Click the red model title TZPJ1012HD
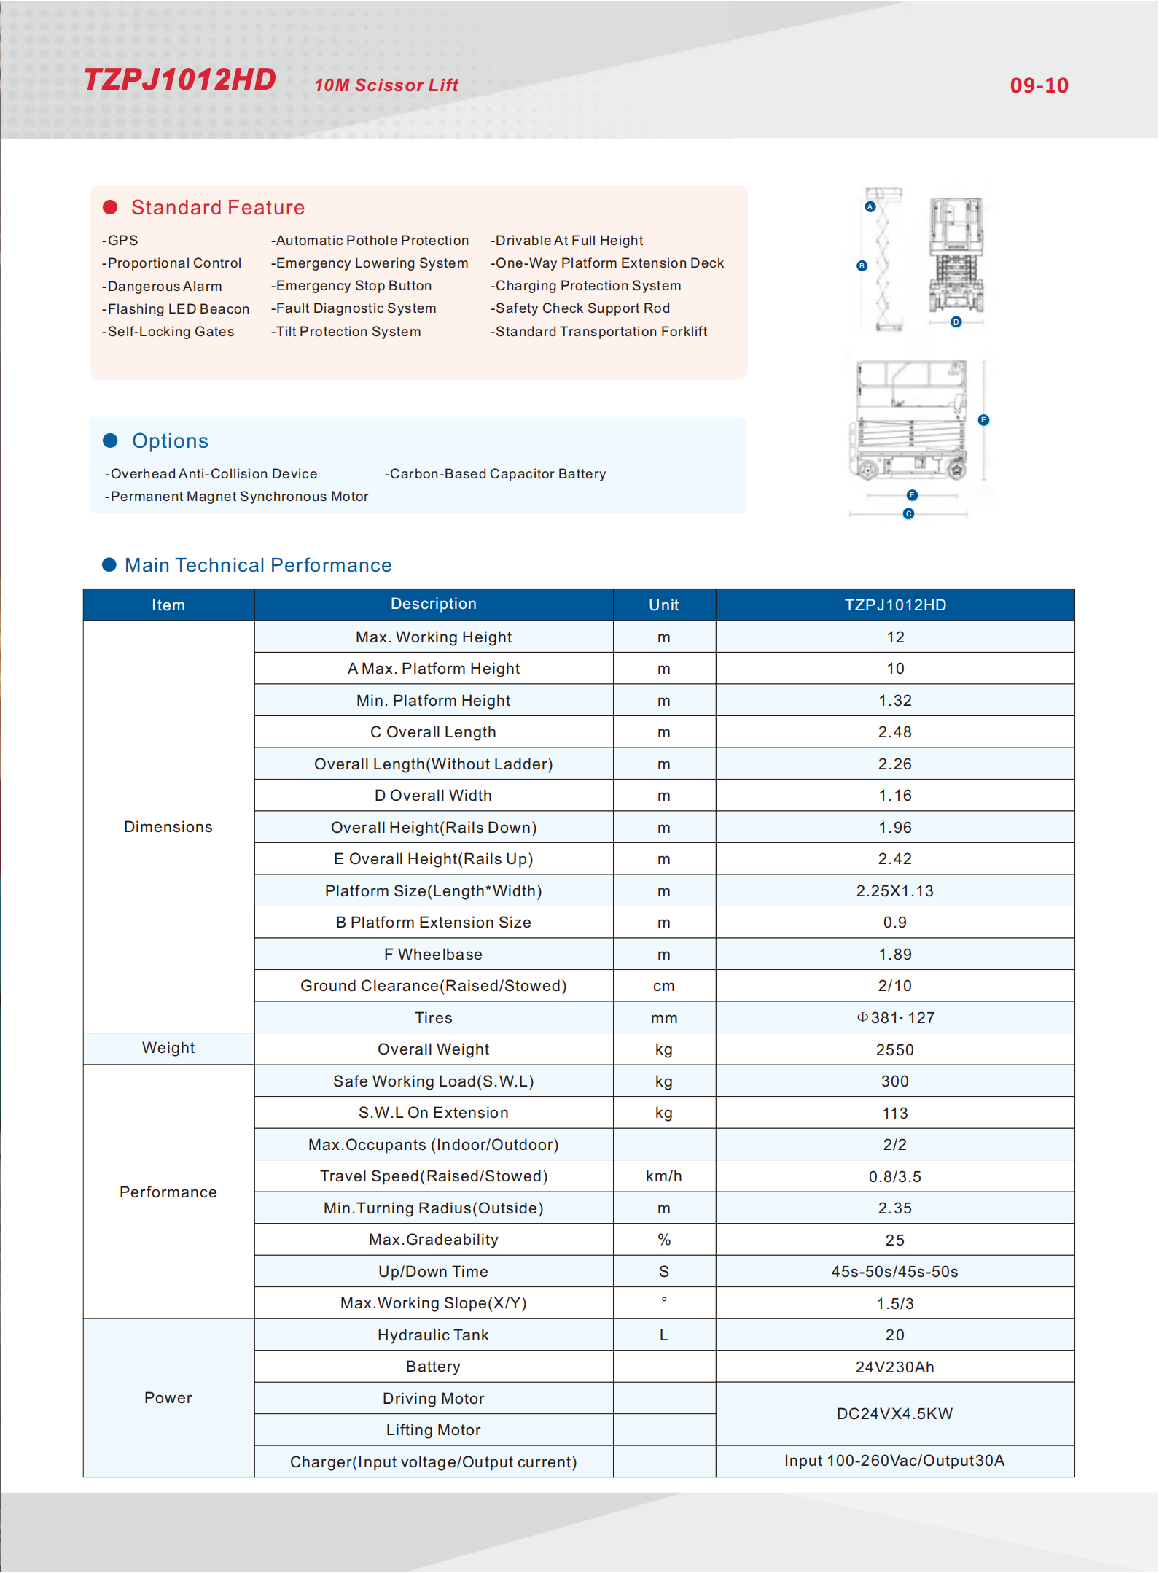point(180,79)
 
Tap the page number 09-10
point(1039,86)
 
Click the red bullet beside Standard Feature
point(111,208)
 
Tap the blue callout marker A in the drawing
point(870,207)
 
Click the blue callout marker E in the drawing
point(983,420)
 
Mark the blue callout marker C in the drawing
point(908,514)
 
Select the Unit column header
point(663,605)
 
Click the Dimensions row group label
point(168,827)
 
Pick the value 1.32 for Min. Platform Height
point(894,701)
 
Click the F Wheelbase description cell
point(433,955)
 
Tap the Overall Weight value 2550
point(894,1050)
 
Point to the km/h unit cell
point(663,1176)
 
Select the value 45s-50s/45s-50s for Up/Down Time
point(894,1272)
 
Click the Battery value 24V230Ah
point(894,1367)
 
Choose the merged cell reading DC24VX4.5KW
point(894,1414)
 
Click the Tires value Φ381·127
point(896,1018)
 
